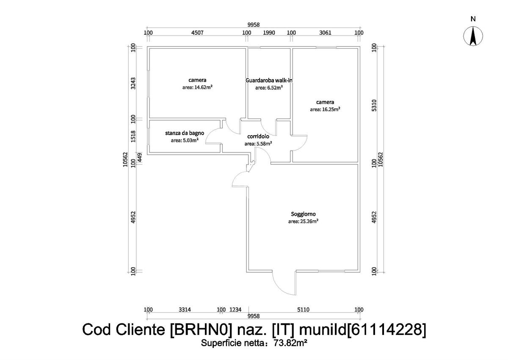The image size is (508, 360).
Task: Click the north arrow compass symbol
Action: pos(473,36)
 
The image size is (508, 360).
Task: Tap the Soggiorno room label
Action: pos(303,214)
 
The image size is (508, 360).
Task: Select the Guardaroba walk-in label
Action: pos(269,80)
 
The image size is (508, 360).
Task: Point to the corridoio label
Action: pos(258,137)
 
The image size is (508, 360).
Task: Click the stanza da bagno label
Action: pos(185,133)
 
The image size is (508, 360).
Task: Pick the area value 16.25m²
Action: pos(325,109)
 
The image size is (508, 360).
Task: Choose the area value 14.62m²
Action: pos(197,87)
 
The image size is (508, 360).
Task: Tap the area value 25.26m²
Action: pos(303,221)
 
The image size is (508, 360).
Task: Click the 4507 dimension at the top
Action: pos(198,33)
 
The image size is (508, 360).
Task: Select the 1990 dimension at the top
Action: pos(269,33)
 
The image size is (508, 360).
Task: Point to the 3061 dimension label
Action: pos(325,33)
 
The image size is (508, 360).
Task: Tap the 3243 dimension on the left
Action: pos(133,83)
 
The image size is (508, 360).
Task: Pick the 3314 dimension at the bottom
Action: pos(185,310)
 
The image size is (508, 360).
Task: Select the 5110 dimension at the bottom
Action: pos(303,310)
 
